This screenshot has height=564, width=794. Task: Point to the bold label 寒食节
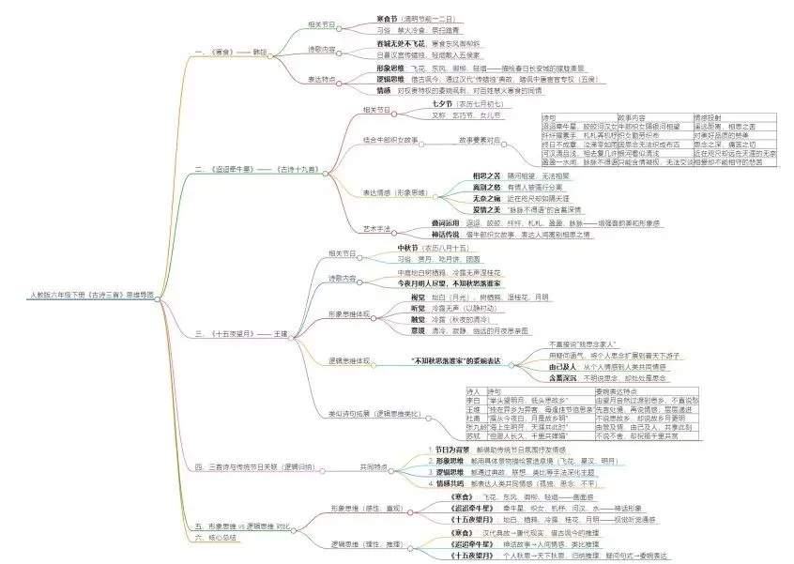click(x=362, y=19)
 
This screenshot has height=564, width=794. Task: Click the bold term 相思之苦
click(x=489, y=175)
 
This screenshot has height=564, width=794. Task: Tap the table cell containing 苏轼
click(x=475, y=435)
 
